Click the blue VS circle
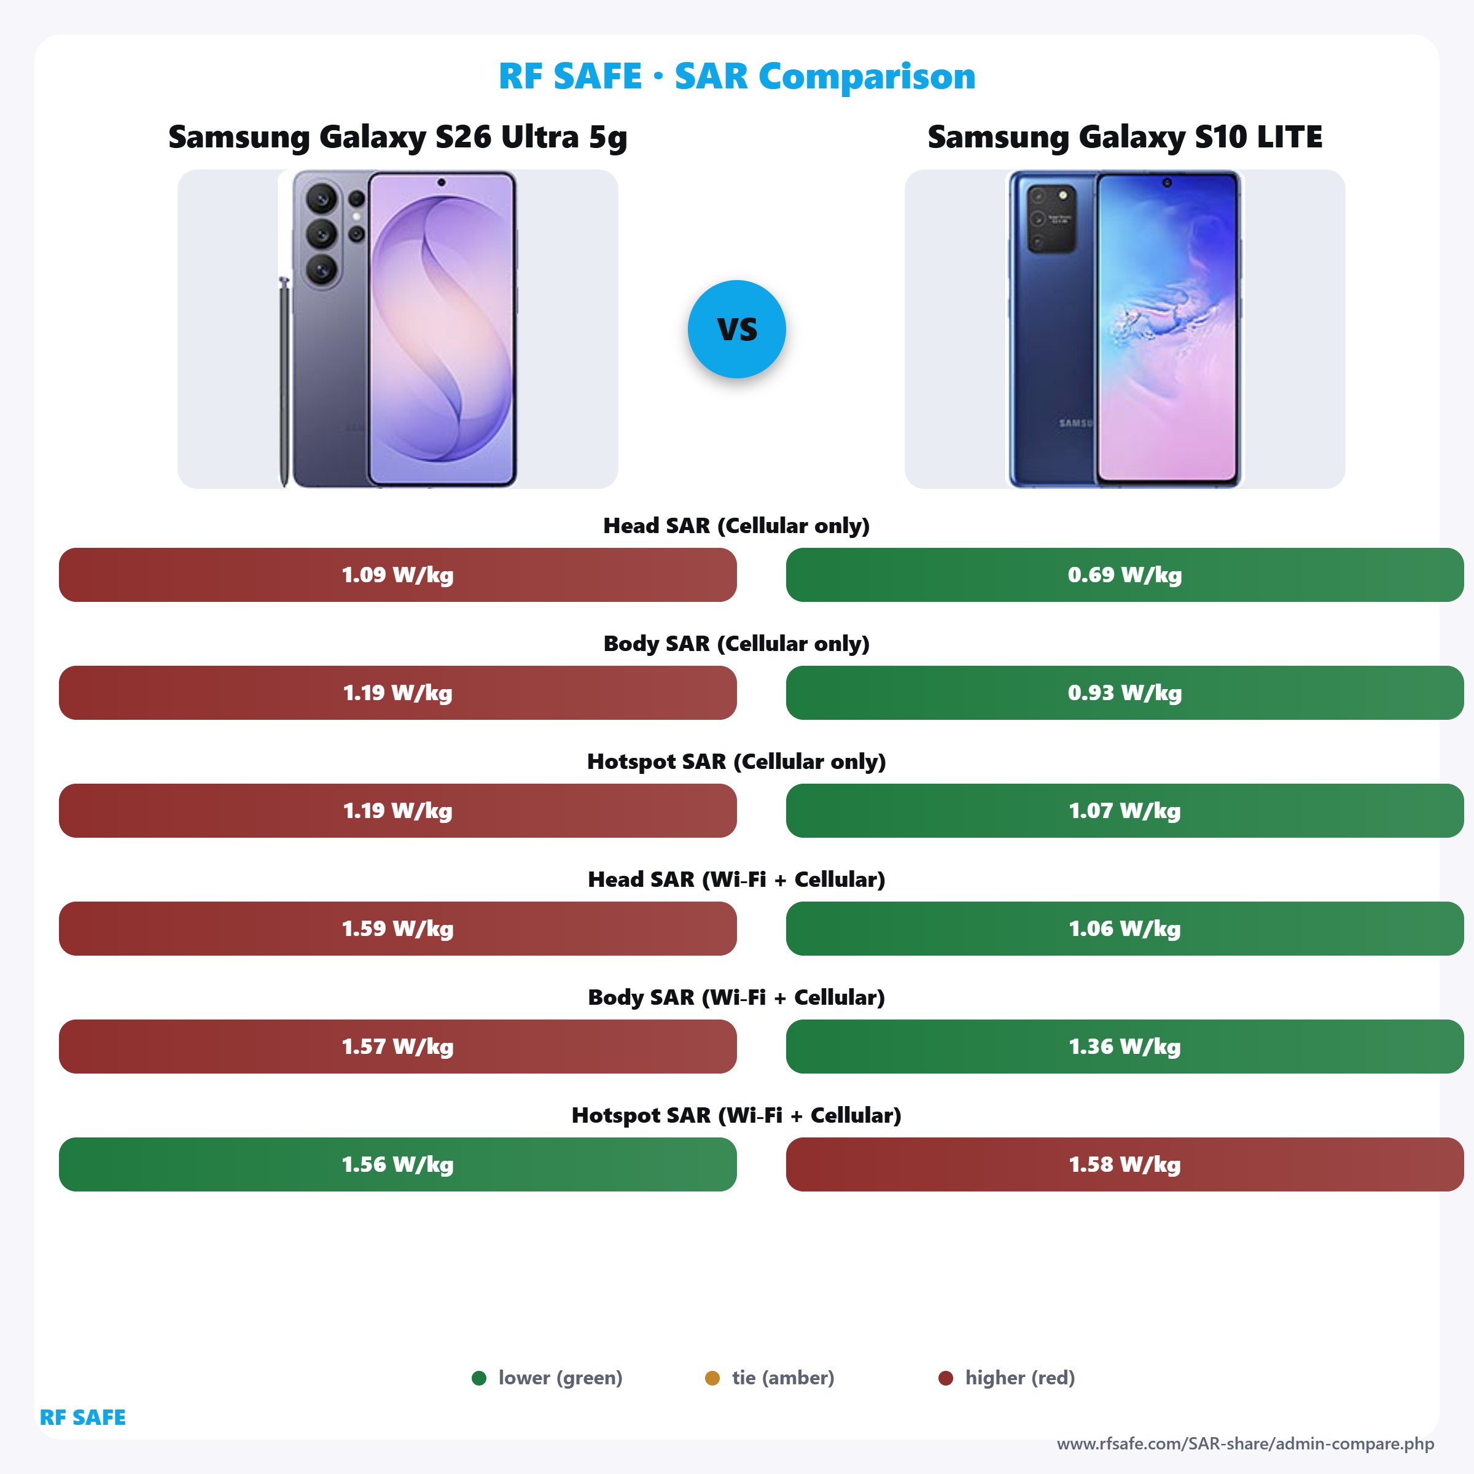pos(736,329)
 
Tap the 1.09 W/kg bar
pos(397,574)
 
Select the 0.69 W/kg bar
pos(1124,574)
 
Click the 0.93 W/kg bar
pos(1124,693)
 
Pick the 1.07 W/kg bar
pos(1124,810)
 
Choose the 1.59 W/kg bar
pos(397,929)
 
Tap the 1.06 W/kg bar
pos(1124,929)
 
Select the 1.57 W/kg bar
pos(397,1046)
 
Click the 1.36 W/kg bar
pos(1124,1046)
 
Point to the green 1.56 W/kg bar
pos(397,1164)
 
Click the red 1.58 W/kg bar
pos(1124,1164)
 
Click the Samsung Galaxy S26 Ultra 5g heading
pos(397,138)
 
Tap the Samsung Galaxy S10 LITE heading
pos(1125,138)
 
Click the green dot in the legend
pos(479,1378)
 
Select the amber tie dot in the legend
pos(712,1378)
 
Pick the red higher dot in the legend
pos(945,1378)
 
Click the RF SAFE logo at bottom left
pos(82,1417)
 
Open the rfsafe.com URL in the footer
pos(1245,1443)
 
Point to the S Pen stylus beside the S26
pos(284,381)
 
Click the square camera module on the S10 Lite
pos(1051,217)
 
